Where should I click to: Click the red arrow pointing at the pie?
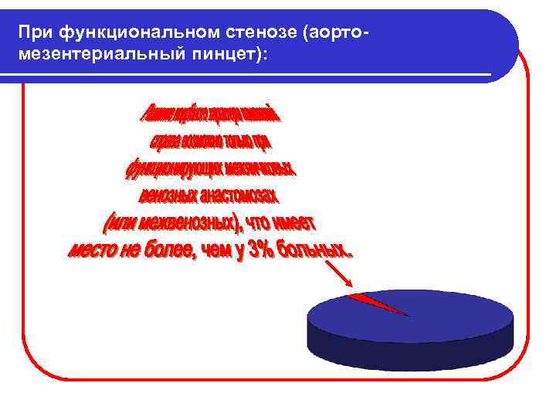pyautogui.click(x=337, y=273)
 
